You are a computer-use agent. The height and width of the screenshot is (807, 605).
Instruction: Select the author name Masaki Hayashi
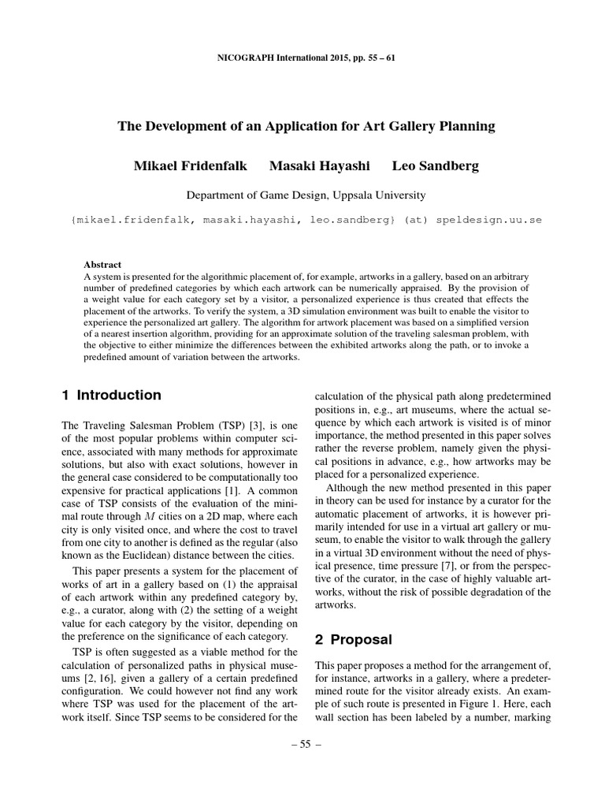[320, 165]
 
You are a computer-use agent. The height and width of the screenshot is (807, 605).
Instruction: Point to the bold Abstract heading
[102, 265]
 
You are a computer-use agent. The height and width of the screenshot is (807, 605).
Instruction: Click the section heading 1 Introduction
[111, 395]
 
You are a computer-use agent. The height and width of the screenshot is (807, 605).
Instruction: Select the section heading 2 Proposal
[356, 638]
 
